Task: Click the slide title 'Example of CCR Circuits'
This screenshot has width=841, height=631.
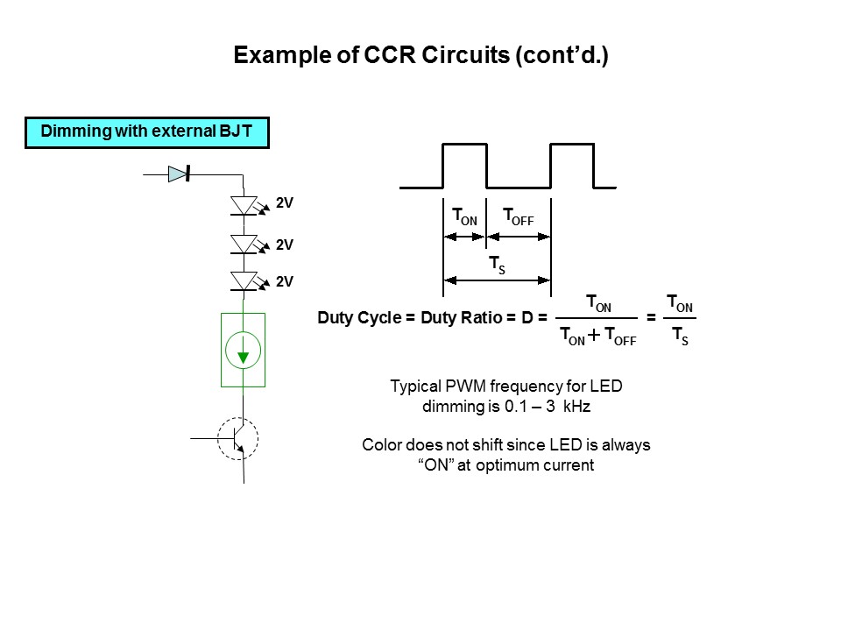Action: [x=420, y=55]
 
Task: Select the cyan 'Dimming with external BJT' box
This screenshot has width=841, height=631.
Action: [x=146, y=132]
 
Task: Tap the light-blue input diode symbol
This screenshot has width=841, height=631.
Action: [x=179, y=174]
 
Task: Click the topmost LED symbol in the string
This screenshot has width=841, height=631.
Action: [x=244, y=205]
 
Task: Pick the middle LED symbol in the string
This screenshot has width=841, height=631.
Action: [x=244, y=244]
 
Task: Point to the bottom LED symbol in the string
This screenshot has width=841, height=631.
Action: [x=244, y=280]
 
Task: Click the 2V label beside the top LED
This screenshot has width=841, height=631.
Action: [x=284, y=203]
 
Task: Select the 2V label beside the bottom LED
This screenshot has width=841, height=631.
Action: [x=284, y=282]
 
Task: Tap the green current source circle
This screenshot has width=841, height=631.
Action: [x=243, y=351]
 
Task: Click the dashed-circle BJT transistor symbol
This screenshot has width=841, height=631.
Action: [x=237, y=437]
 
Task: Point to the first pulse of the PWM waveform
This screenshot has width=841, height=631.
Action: [x=465, y=165]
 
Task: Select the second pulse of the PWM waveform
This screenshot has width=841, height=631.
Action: [x=572, y=165]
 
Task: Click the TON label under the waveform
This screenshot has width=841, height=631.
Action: [x=464, y=217]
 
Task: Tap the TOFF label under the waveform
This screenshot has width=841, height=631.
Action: [x=518, y=217]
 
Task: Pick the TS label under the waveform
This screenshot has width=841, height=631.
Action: [x=497, y=265]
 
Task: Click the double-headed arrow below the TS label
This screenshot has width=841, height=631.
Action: [x=497, y=280]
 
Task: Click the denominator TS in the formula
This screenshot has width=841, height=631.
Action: [x=679, y=337]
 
